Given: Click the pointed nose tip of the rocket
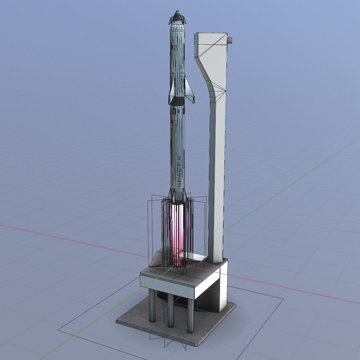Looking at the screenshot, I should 177,12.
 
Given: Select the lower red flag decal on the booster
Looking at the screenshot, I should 174,124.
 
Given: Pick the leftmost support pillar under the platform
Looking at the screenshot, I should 152,305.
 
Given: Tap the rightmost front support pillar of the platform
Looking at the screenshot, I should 190,315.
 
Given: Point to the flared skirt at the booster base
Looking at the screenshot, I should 178,197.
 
